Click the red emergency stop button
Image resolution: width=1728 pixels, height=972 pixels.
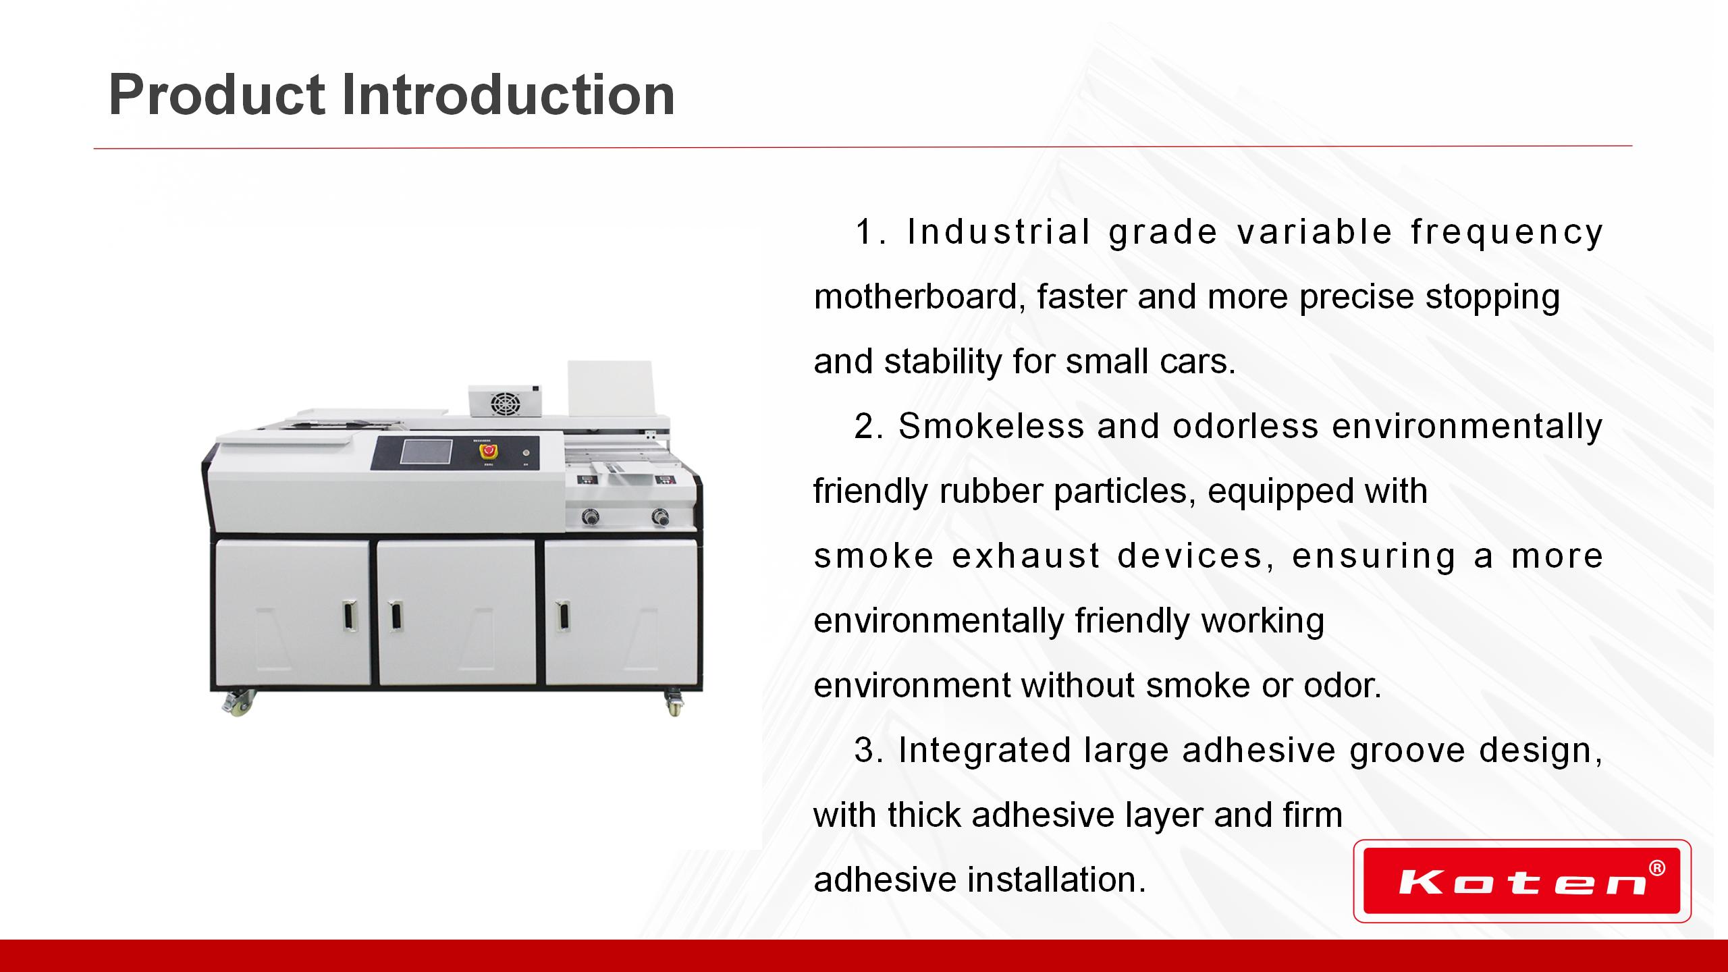(486, 452)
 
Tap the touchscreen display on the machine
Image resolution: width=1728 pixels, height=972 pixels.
(426, 452)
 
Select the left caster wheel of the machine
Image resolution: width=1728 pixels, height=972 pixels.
(238, 703)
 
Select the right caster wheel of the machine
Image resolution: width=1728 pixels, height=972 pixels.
(674, 703)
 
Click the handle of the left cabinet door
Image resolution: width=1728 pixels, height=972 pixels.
(348, 617)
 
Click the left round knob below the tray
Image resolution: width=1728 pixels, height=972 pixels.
(589, 518)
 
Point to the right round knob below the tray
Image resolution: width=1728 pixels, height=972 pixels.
(659, 518)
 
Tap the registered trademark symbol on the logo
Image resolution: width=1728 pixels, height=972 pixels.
(1656, 868)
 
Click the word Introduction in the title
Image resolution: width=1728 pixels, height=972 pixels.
(508, 94)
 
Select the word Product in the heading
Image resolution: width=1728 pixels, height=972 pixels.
(217, 94)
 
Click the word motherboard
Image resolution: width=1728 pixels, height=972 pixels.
(919, 296)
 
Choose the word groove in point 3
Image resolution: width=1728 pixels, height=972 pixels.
(1407, 751)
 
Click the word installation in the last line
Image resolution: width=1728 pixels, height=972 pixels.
(1057, 880)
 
